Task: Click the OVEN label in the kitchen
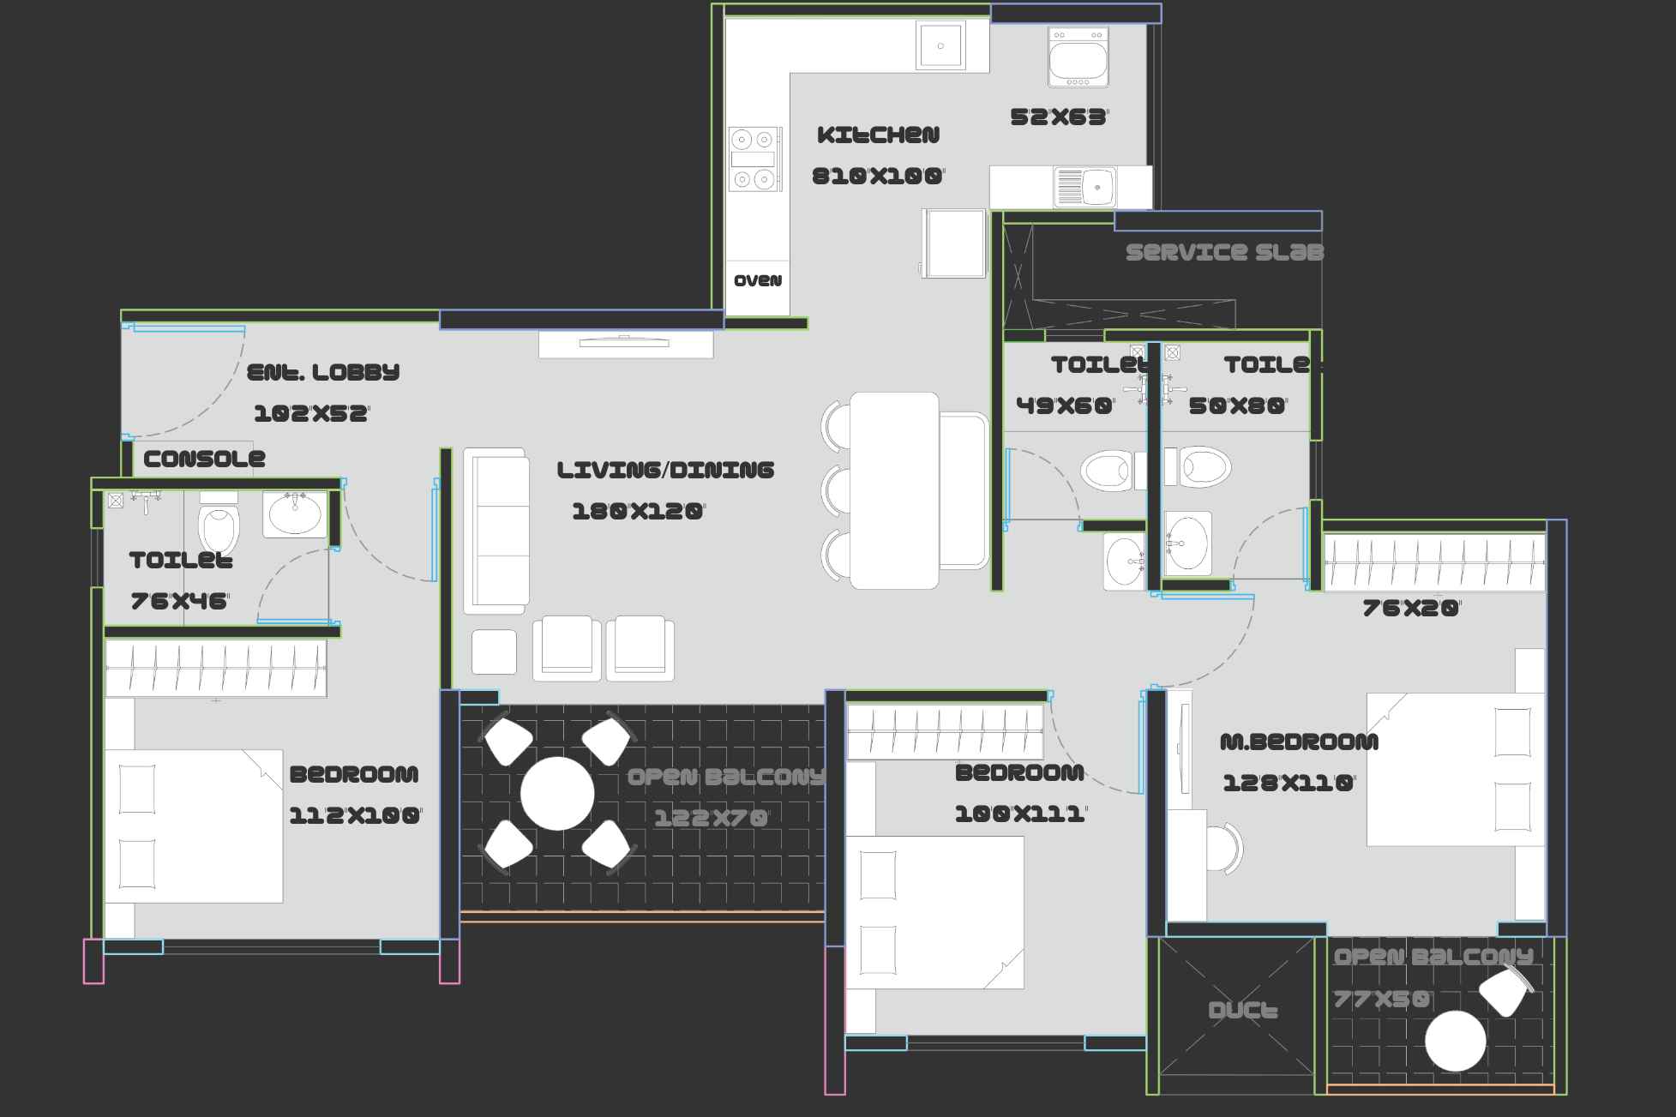(758, 280)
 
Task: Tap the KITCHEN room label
(878, 135)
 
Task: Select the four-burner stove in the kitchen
(754, 159)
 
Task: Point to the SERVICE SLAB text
(1224, 252)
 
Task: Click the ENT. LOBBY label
(323, 372)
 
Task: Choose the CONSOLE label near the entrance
(204, 459)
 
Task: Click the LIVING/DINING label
(665, 470)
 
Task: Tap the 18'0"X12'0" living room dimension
(638, 512)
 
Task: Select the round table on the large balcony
(557, 794)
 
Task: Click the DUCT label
(1243, 1011)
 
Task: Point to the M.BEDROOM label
(1299, 742)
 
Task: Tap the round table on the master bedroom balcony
(1455, 1041)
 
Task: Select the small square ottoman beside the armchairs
(494, 652)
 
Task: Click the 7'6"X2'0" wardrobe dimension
(1410, 608)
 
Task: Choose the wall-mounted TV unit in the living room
(626, 343)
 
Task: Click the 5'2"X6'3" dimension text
(1059, 117)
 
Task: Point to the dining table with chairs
(895, 490)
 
